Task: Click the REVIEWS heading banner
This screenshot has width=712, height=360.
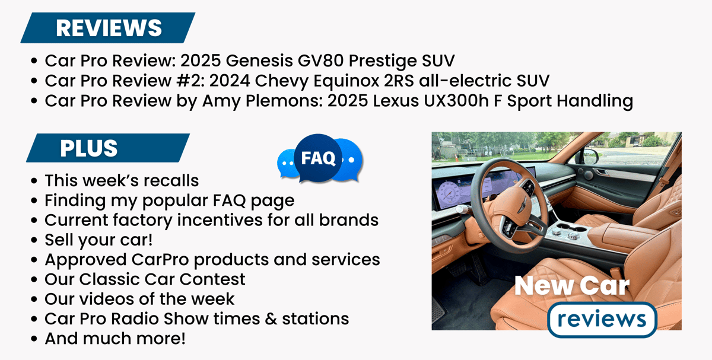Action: [108, 28]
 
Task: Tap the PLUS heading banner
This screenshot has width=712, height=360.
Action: [108, 148]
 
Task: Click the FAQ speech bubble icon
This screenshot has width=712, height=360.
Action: [319, 158]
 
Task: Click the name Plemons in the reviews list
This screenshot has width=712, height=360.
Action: [284, 101]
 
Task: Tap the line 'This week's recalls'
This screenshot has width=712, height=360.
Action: [122, 180]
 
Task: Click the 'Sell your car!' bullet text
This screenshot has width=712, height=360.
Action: [98, 240]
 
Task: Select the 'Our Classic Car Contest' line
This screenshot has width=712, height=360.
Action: [145, 279]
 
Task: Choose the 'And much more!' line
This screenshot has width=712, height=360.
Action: [115, 339]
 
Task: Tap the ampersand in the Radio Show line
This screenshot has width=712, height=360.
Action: [271, 318]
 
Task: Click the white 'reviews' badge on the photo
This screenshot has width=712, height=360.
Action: [602, 319]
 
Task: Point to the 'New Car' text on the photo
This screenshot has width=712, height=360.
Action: [572, 285]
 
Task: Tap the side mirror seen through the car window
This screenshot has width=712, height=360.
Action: [590, 156]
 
